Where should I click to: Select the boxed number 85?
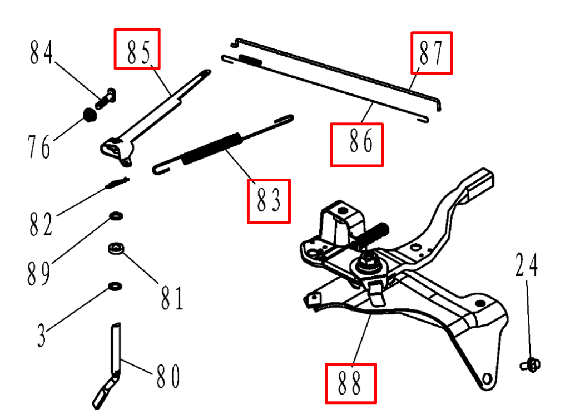[x=137, y=49]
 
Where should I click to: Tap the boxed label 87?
[x=432, y=53]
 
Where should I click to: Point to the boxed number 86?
[x=356, y=145]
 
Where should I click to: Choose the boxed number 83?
[x=269, y=201]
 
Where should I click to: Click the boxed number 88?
[x=350, y=383]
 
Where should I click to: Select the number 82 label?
[x=40, y=224]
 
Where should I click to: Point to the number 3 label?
[x=42, y=335]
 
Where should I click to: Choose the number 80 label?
[x=167, y=376]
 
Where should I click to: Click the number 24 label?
[x=526, y=265]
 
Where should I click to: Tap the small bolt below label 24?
[x=530, y=365]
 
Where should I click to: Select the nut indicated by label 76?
[x=89, y=115]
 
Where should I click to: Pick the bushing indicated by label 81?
[x=116, y=248]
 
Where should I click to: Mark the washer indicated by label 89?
[x=116, y=216]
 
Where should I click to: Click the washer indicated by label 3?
[x=115, y=287]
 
